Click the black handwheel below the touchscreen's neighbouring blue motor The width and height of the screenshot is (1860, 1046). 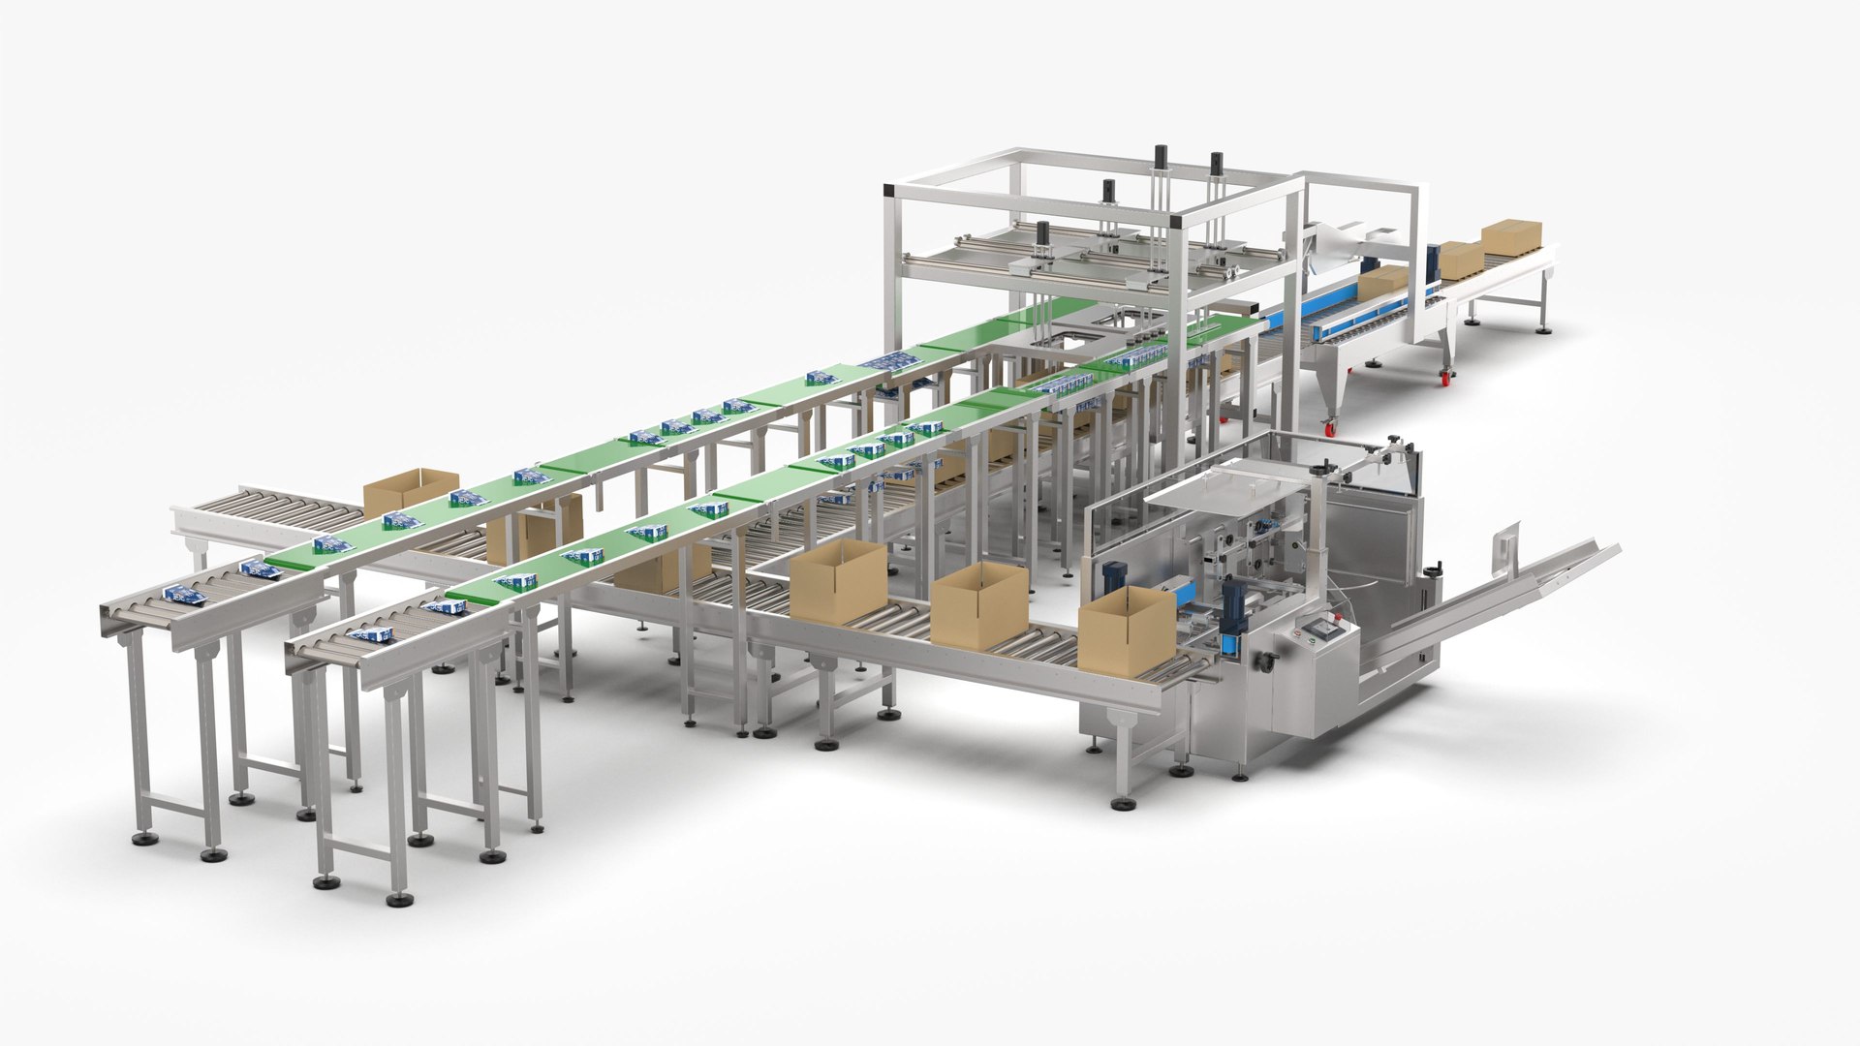[1263, 661]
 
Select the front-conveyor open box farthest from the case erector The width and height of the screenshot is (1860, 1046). [838, 579]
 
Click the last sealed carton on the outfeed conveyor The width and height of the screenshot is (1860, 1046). [1510, 236]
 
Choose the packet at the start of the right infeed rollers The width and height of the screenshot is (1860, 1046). [373, 634]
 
